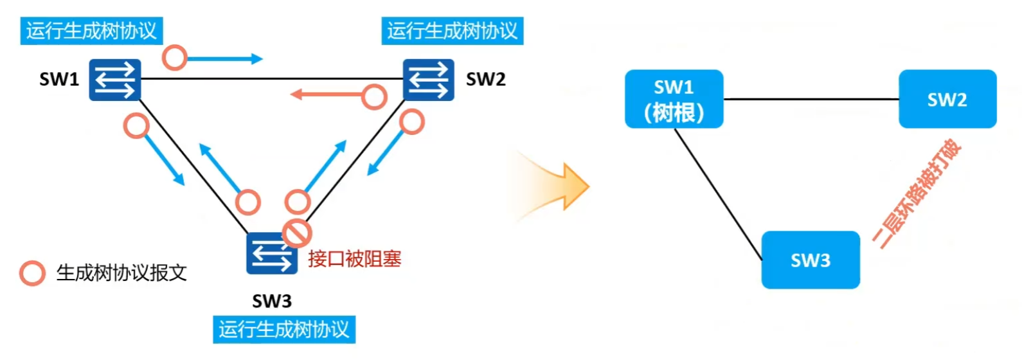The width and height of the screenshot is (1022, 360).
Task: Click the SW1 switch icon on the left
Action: (114, 80)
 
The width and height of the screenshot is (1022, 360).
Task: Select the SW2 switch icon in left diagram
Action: (429, 80)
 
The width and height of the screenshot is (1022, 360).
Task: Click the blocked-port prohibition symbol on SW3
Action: (297, 233)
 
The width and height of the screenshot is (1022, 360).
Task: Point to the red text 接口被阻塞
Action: (355, 259)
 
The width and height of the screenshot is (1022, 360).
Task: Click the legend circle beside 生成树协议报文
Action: (32, 273)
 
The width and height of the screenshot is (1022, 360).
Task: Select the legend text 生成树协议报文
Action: (121, 273)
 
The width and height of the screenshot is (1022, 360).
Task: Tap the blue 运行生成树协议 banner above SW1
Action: (91, 31)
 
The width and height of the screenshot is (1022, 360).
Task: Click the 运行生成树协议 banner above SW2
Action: (453, 31)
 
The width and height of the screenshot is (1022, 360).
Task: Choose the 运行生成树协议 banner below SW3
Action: (284, 330)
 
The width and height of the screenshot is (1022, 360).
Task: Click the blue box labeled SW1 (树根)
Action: (674, 100)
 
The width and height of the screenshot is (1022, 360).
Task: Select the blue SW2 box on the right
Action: (947, 100)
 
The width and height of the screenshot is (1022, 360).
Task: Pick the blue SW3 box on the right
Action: (811, 260)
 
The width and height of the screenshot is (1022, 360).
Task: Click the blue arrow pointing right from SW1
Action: (225, 59)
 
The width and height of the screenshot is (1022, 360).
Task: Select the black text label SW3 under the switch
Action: (271, 301)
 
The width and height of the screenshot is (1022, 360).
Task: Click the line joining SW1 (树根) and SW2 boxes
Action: (811, 100)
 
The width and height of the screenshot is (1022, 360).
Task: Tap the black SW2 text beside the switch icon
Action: (485, 80)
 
